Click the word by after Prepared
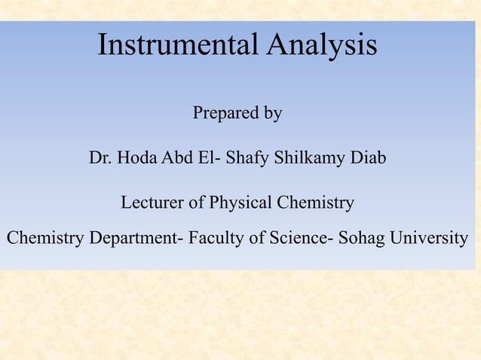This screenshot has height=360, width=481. tap(271, 114)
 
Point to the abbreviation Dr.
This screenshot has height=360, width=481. tap(99, 159)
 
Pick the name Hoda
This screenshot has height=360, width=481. tap(134, 159)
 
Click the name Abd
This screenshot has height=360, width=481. tap(176, 159)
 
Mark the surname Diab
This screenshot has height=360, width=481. tap(367, 159)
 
